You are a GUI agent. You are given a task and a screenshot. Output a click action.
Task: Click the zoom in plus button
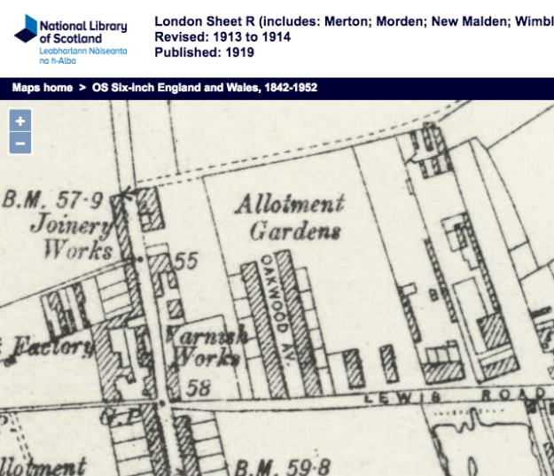[x=20, y=121]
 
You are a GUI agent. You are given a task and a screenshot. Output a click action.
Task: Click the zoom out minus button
[x=20, y=143]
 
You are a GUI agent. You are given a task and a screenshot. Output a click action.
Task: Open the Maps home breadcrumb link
[x=42, y=88]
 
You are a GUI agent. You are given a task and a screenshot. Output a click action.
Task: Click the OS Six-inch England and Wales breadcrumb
[x=204, y=88]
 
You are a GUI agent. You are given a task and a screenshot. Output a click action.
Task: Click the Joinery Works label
[x=73, y=236]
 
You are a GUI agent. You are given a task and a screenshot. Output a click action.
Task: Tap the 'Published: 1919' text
[x=204, y=52]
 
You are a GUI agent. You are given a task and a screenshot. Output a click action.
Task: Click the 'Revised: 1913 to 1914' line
[x=222, y=36]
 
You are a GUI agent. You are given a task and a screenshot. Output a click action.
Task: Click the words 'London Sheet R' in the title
[x=198, y=20]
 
